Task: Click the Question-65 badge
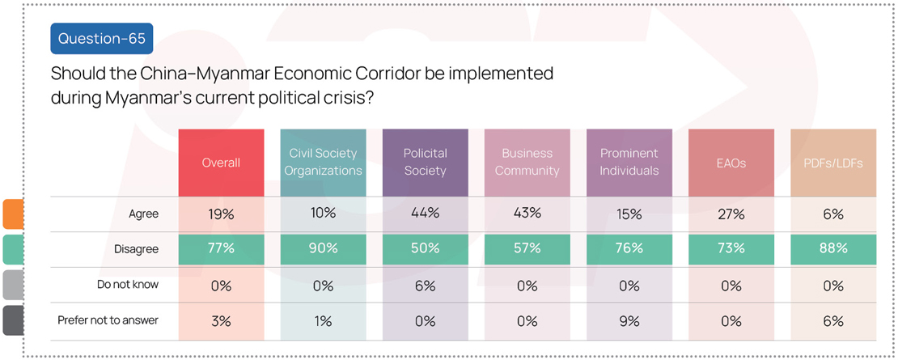[101, 38]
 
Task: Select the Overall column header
[221, 163]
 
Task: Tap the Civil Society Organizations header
[323, 163]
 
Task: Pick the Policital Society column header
[425, 163]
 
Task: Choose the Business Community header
[527, 163]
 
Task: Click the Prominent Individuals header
[629, 163]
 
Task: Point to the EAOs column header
[731, 163]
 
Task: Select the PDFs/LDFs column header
[833, 163]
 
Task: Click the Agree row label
[144, 214]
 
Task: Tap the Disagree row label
[136, 249]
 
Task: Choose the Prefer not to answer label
[108, 320]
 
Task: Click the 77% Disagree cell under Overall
[221, 249]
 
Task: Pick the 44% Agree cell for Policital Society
[425, 214]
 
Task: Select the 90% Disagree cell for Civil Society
[323, 249]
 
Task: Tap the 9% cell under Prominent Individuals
[629, 320]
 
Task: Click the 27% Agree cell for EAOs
[731, 214]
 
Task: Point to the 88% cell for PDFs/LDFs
[833, 249]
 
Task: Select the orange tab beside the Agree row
[13, 214]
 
